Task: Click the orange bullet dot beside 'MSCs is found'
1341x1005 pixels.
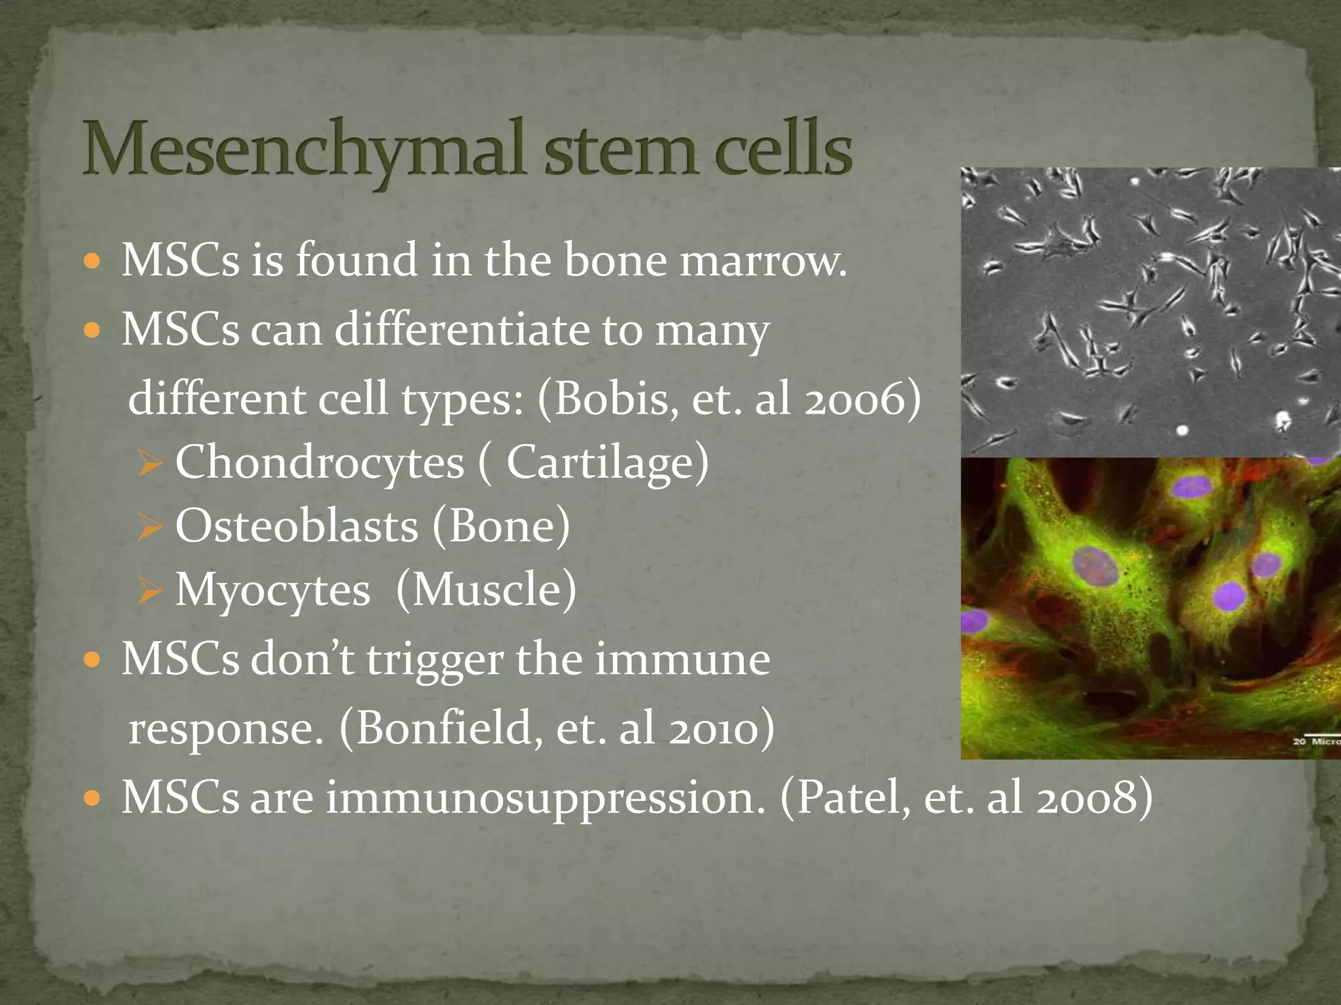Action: [x=92, y=262]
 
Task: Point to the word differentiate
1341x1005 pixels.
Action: [x=462, y=329]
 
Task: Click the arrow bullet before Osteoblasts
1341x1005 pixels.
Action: [x=150, y=527]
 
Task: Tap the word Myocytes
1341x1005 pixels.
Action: [x=272, y=591]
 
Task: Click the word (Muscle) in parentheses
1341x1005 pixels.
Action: [x=486, y=590]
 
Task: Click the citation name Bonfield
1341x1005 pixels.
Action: [x=444, y=728]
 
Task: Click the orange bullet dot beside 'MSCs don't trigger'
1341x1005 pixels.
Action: [x=92, y=660]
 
